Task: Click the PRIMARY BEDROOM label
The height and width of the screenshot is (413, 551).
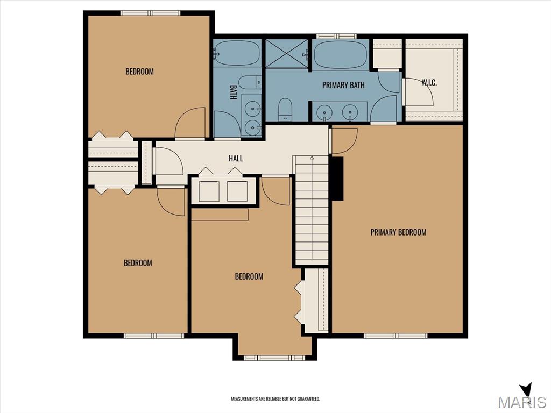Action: pos(398,232)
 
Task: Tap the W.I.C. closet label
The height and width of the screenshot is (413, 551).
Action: pos(429,83)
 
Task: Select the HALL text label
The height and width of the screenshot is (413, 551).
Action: pos(236,159)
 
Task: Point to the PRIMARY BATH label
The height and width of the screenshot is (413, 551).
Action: pos(343,85)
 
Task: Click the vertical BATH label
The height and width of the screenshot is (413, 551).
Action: pos(233,91)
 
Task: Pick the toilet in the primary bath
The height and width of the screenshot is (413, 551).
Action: pos(285,109)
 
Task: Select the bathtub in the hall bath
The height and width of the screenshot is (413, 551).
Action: pos(237,53)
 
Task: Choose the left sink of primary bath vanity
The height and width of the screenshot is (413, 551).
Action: pos(324,112)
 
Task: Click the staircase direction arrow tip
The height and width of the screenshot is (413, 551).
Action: pos(312,157)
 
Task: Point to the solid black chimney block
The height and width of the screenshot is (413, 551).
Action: pos(337,179)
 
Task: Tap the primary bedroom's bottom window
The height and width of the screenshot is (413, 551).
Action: pos(395,336)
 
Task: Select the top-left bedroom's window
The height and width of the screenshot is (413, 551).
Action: pos(151,13)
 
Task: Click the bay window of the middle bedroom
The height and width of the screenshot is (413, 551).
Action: pos(275,358)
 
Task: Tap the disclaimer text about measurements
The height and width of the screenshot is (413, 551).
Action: pos(275,399)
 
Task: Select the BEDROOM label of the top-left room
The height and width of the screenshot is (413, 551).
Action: pos(139,72)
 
